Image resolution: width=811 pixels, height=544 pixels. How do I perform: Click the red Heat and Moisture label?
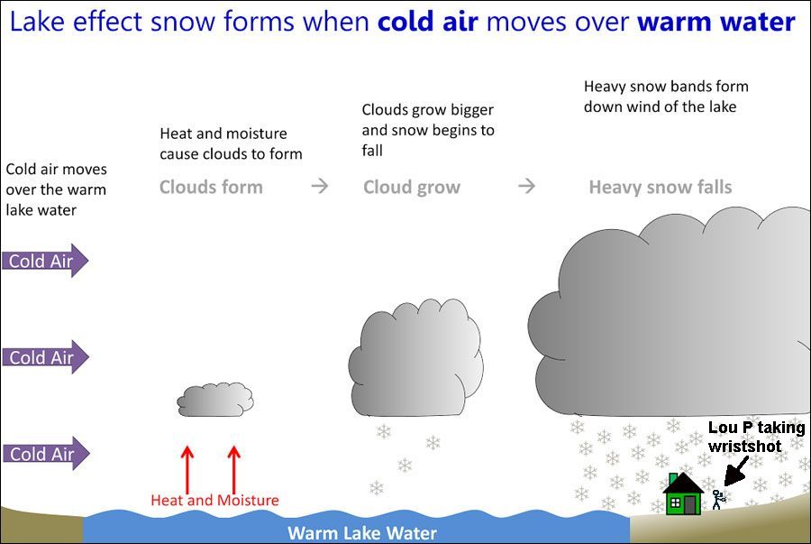pos(214,500)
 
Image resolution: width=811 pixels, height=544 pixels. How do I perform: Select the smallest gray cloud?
pos(215,399)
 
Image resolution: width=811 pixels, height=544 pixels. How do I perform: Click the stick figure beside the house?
pos(717,499)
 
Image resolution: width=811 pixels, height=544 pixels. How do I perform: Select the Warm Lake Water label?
pos(361,532)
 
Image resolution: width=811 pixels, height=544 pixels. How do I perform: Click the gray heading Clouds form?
pos(211,188)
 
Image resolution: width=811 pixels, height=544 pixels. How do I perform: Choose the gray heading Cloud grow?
pos(411,188)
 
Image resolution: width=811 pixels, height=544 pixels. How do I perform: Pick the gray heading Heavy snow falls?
pos(660,188)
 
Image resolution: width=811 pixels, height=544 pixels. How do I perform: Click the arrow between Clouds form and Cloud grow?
pos(320,187)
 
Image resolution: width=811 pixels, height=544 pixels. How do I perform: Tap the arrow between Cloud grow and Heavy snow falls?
pos(527,187)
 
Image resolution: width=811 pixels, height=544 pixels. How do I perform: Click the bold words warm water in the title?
pos(715,22)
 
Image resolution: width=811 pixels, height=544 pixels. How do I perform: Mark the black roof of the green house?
pos(683,482)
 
